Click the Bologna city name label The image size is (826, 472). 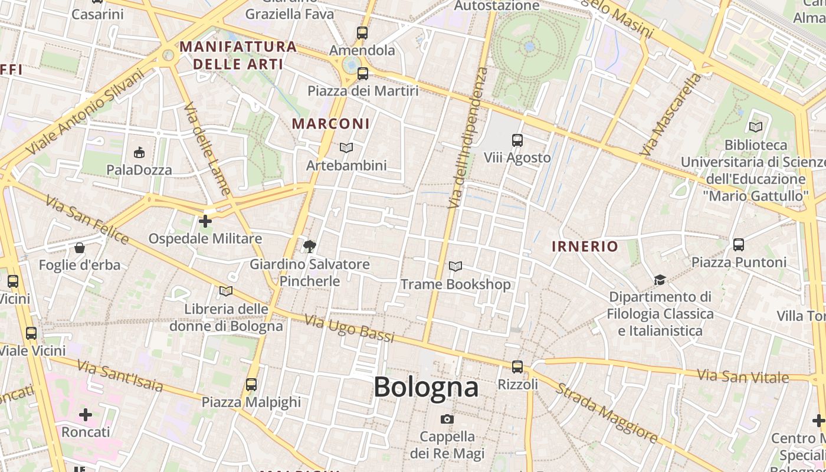tap(426, 387)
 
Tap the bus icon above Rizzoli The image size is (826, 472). tap(517, 366)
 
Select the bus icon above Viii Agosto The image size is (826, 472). tap(517, 140)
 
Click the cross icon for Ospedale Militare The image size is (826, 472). tap(205, 221)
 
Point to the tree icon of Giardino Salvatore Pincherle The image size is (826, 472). tap(309, 246)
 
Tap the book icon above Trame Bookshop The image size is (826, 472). tap(455, 267)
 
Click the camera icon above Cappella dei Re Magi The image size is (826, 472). tap(447, 419)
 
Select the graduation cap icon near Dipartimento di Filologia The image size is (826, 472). tap(660, 280)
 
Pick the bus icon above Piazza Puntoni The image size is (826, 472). tap(738, 244)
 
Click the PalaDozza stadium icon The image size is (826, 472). tap(139, 153)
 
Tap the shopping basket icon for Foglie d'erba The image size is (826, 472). tap(79, 248)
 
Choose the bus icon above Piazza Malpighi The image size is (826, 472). tap(251, 385)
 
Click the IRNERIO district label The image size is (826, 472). tap(585, 247)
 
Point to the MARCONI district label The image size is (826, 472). tap(331, 124)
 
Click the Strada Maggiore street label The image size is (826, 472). tap(607, 413)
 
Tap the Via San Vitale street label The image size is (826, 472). tap(742, 376)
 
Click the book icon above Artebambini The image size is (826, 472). tap(346, 147)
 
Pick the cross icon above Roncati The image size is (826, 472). tap(86, 415)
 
